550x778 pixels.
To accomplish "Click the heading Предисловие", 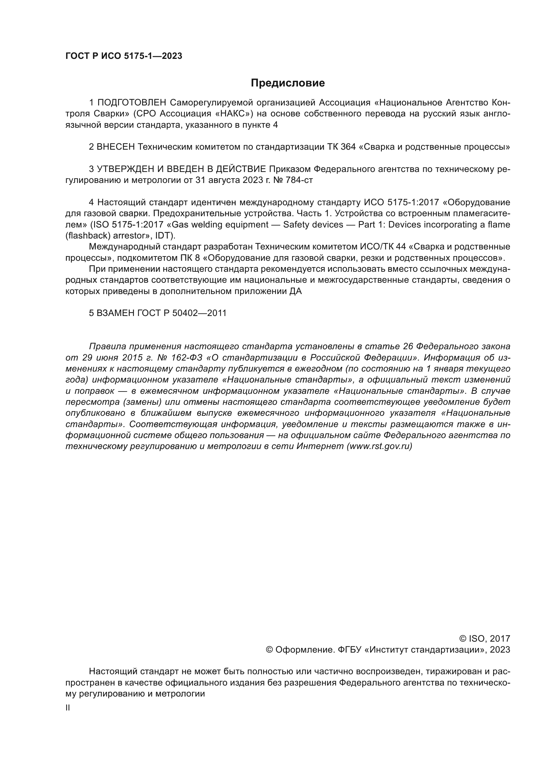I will click(x=288, y=83).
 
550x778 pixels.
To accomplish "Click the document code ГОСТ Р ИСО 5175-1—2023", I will click(x=124, y=56).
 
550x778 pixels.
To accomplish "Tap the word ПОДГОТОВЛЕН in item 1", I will click(x=132, y=102).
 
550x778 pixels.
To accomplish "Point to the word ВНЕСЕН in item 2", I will click(x=116, y=147).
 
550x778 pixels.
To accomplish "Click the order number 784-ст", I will click(x=300, y=180).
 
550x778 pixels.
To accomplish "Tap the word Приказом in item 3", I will click(x=289, y=169).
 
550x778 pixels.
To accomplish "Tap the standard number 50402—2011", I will click(x=199, y=313).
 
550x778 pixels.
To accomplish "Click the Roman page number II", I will click(x=68, y=708).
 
